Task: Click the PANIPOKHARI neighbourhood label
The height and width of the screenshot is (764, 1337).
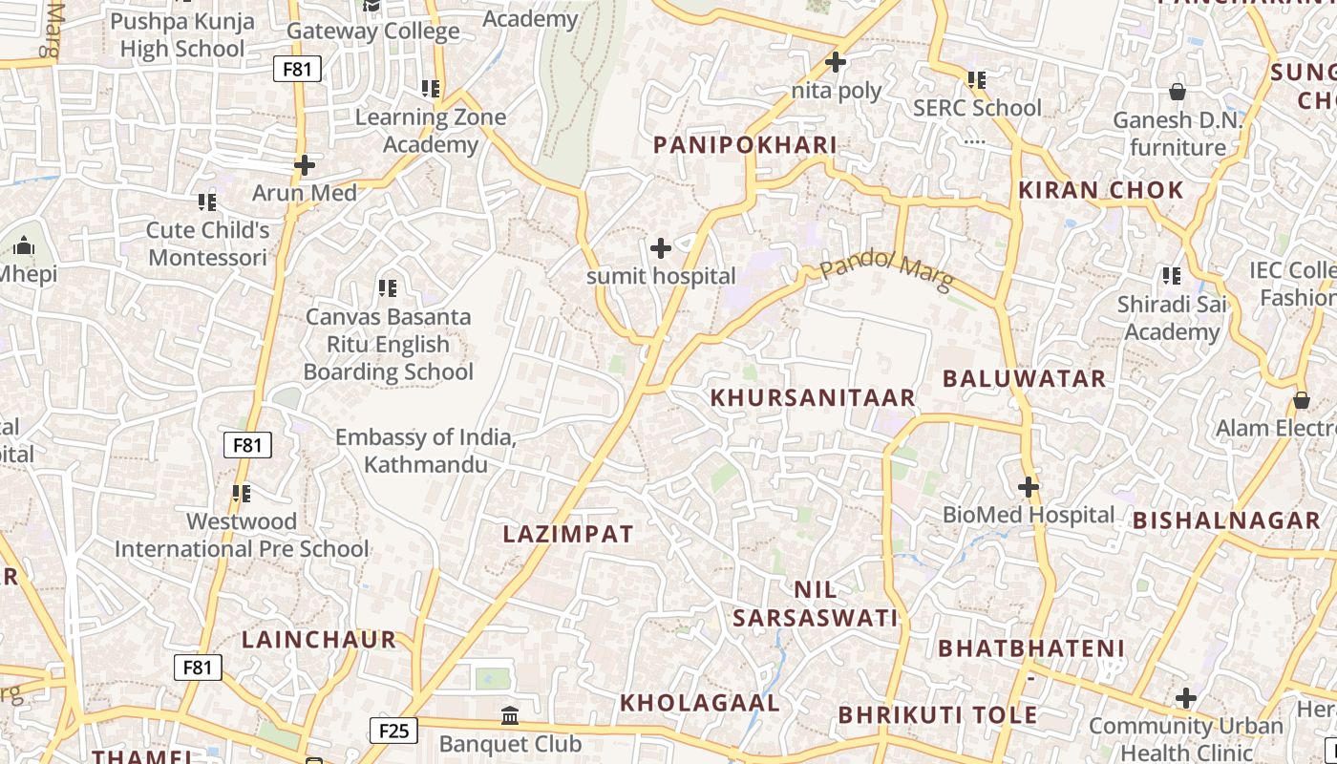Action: (x=745, y=145)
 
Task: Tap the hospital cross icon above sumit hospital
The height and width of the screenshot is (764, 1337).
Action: (x=660, y=248)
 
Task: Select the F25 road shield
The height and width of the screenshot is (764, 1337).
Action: (x=393, y=732)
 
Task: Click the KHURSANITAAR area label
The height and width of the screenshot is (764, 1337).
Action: (x=813, y=397)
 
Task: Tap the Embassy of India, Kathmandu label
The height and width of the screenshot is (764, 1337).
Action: (x=426, y=451)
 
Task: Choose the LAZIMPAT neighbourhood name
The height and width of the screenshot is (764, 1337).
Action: (x=568, y=534)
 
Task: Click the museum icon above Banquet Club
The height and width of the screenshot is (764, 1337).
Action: (x=510, y=715)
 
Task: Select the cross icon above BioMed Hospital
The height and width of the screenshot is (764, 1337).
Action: (x=1028, y=487)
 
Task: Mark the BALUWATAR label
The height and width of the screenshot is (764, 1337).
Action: (x=1024, y=378)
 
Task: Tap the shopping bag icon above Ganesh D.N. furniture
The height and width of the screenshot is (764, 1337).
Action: (x=1178, y=92)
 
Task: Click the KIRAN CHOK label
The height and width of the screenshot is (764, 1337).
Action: (x=1101, y=190)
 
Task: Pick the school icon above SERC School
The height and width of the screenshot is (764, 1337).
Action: (x=976, y=80)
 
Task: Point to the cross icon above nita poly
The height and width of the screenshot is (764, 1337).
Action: (x=836, y=63)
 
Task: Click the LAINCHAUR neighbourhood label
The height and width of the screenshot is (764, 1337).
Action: (x=318, y=640)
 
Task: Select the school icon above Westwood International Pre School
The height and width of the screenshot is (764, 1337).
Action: (x=242, y=494)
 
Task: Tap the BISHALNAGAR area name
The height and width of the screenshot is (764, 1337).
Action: (x=1226, y=520)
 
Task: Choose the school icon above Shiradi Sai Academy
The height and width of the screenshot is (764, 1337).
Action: (x=1172, y=276)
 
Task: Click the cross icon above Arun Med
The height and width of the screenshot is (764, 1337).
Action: (x=305, y=165)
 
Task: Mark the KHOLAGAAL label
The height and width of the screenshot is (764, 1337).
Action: (x=700, y=703)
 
